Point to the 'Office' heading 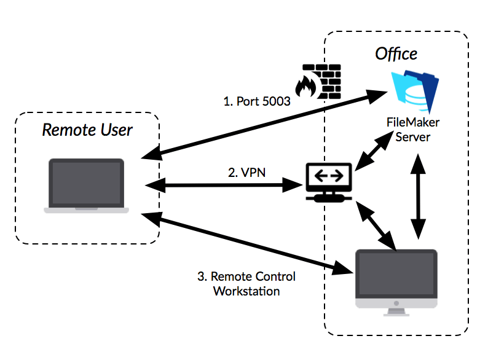coord(396,54)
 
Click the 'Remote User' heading coord(87,130)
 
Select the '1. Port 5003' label coord(256,101)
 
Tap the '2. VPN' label coord(247,173)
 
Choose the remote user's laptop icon coord(87,186)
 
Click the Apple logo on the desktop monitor coord(396,303)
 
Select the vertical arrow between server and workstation coord(419,195)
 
